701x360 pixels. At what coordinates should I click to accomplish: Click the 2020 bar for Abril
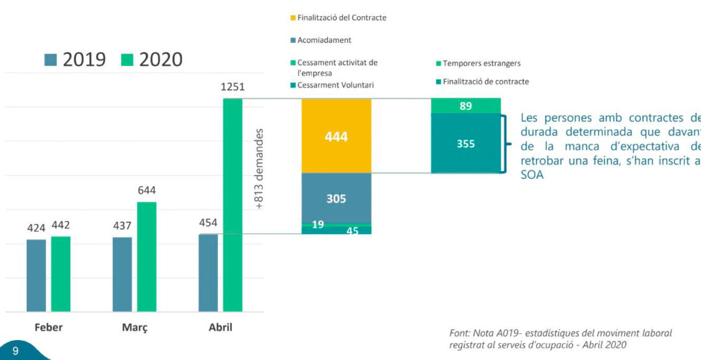point(233,205)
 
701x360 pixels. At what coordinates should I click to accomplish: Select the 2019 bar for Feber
point(36,275)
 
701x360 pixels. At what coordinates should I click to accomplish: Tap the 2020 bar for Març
point(146,256)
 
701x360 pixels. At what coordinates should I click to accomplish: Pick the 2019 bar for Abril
point(208,272)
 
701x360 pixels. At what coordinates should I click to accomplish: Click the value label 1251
point(233,88)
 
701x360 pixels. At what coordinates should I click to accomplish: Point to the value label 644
point(146,191)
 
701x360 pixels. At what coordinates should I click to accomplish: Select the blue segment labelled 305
point(336,198)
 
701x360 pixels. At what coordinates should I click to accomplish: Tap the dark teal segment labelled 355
point(465,143)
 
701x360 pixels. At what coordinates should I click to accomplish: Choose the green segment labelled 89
point(465,106)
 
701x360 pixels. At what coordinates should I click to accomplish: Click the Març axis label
point(135,327)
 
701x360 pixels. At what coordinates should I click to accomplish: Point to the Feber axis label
point(48,327)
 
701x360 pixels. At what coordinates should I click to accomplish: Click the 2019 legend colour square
point(51,60)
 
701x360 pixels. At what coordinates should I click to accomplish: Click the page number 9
point(16,351)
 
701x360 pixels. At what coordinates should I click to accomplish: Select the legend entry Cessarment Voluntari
point(336,85)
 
